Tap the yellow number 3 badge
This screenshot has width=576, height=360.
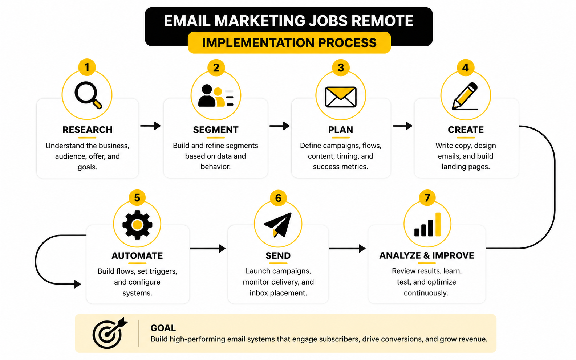[x=341, y=67]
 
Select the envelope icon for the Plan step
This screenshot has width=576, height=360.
[x=341, y=97]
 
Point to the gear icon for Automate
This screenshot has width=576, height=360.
[x=137, y=225]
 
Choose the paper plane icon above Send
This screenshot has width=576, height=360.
[x=278, y=225]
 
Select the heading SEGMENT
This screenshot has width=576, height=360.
[x=216, y=130]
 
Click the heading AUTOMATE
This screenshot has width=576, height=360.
[x=137, y=256]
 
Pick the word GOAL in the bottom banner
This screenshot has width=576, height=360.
[x=163, y=328]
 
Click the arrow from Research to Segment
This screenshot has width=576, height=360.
[x=151, y=126]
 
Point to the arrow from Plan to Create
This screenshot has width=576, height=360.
[x=403, y=126]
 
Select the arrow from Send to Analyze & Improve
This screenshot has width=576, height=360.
[x=348, y=249]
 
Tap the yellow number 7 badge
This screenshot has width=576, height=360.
[x=427, y=198]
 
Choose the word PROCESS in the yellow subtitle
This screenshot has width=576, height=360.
[x=347, y=43]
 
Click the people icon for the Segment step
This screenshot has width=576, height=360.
[x=216, y=95]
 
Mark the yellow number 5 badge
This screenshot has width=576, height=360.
[x=137, y=198]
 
